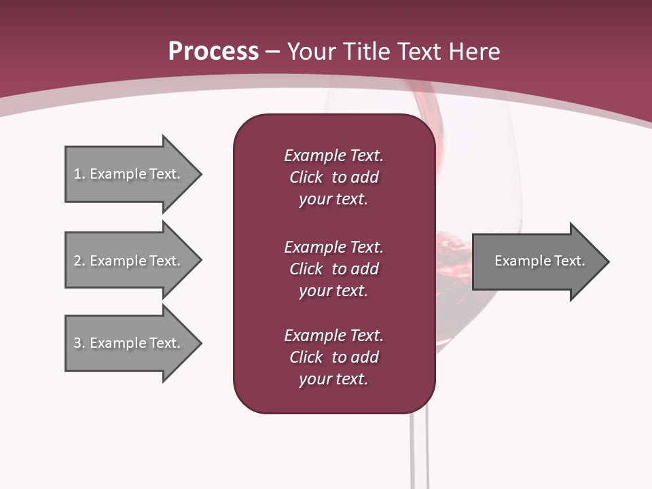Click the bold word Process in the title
pyautogui.click(x=213, y=52)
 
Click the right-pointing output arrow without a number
pyautogui.click(x=537, y=261)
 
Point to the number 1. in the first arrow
pyautogui.click(x=79, y=174)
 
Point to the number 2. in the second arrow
pyautogui.click(x=79, y=261)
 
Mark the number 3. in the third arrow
pyautogui.click(x=79, y=343)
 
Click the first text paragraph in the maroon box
pyautogui.click(x=333, y=177)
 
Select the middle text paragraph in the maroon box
pyautogui.click(x=333, y=269)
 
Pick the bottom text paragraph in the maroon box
pyautogui.click(x=333, y=357)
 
